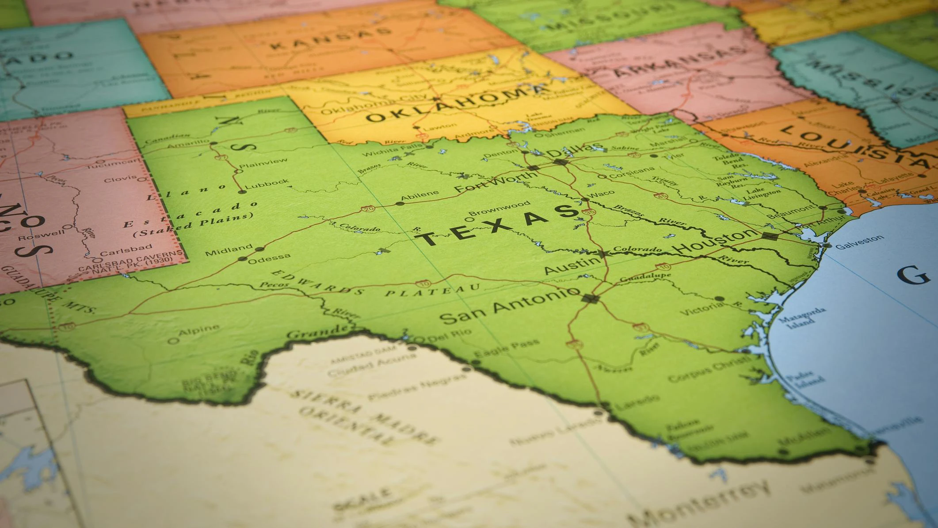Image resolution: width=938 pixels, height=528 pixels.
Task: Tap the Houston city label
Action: click(717, 241)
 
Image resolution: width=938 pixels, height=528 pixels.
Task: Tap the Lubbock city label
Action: click(267, 183)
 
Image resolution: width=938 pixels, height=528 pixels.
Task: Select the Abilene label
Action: click(420, 195)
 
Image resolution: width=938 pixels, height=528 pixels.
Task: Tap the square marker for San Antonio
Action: click(591, 298)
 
